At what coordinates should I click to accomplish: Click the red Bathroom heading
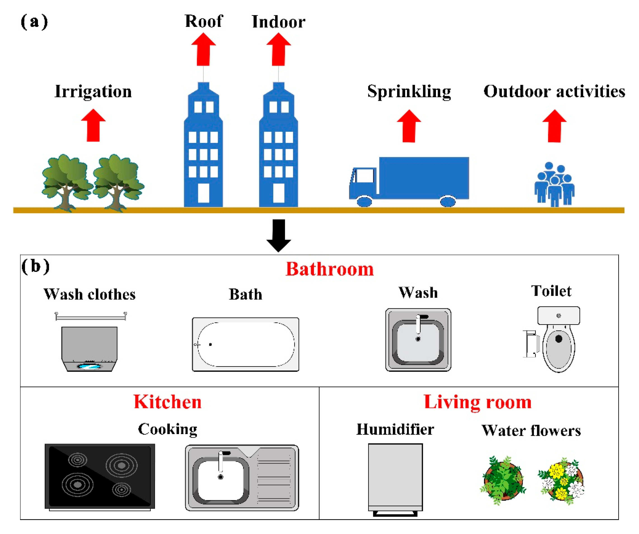point(330,269)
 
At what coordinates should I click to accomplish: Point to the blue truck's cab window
point(364,176)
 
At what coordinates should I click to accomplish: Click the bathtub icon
point(245,344)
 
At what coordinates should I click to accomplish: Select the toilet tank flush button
point(558,316)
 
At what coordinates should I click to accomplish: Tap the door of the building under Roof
point(203,193)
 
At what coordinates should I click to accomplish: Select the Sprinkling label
point(409,91)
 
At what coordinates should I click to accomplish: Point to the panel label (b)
point(35,266)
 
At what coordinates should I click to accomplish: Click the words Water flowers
point(531,431)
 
